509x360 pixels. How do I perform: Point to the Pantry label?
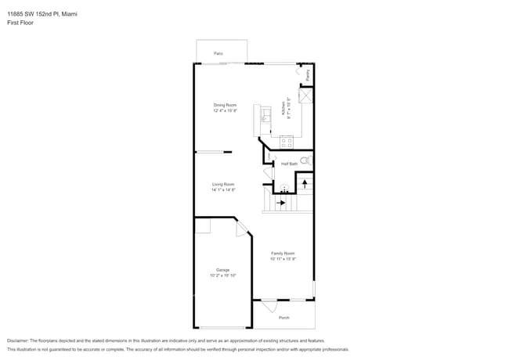[x=308, y=75]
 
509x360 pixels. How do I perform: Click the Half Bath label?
[x=289, y=164]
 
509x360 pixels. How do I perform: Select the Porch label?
[x=283, y=317]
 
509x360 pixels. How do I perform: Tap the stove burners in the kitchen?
[x=286, y=142]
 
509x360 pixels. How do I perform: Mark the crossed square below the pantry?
[x=308, y=95]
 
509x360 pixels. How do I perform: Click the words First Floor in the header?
[x=20, y=23]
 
